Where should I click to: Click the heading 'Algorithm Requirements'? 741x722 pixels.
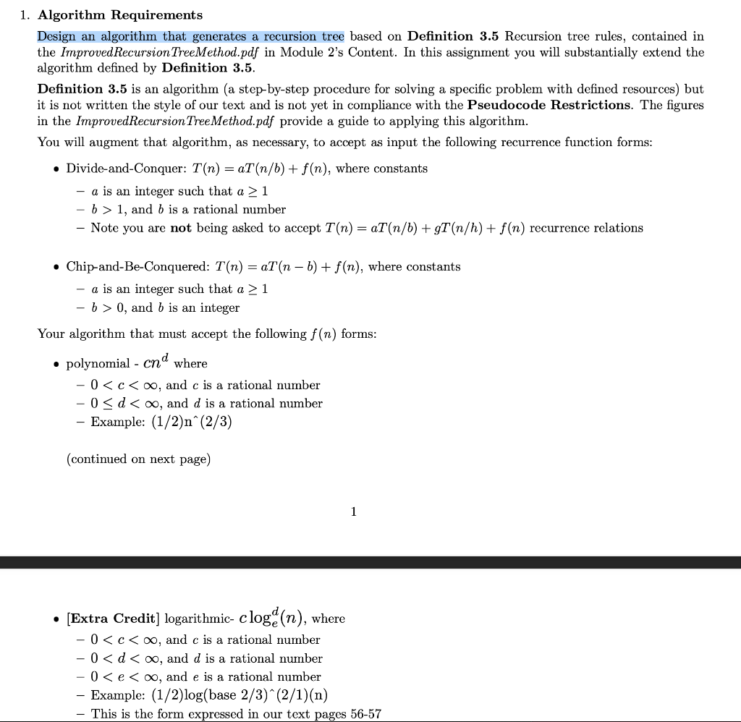[120, 15]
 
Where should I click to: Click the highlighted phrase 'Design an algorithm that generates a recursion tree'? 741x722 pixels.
[191, 36]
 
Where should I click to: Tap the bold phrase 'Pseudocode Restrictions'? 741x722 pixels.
[549, 105]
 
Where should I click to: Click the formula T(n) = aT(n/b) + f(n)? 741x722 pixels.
[262, 169]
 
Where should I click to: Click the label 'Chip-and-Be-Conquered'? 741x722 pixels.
[137, 267]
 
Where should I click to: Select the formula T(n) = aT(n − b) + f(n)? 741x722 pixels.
[289, 267]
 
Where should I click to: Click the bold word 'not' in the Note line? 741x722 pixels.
[180, 228]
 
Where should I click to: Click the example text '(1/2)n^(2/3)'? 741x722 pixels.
[192, 422]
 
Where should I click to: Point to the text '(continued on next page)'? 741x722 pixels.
[138, 459]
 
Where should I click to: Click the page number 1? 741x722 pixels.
[353, 511]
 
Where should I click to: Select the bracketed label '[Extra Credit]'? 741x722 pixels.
[112, 619]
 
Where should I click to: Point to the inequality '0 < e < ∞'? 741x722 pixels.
[125, 677]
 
